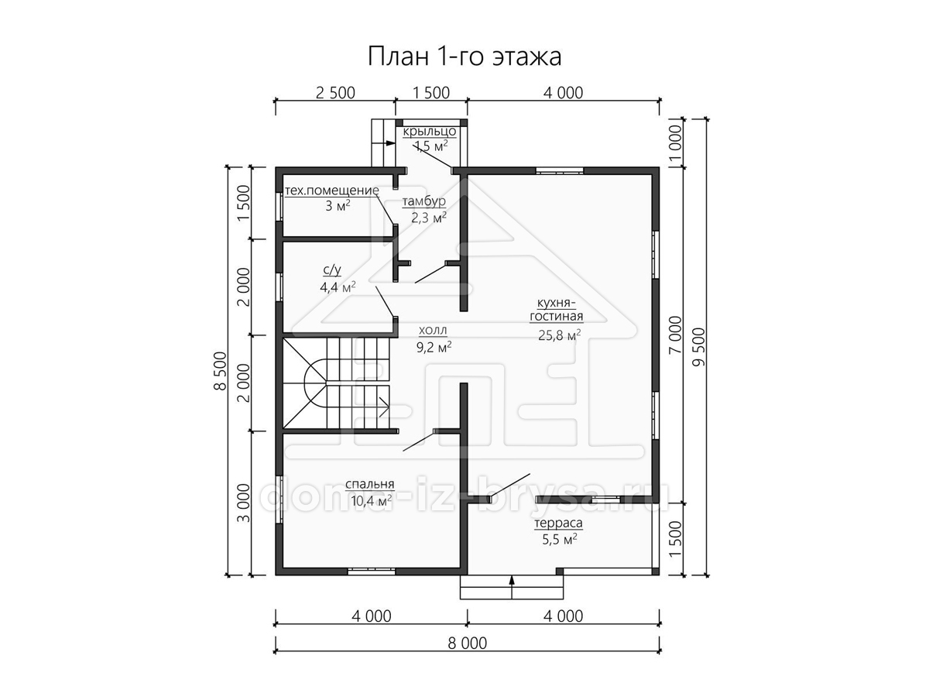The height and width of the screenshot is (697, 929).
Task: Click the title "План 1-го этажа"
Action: coord(464,57)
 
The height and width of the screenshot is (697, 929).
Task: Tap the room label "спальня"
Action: coord(369,484)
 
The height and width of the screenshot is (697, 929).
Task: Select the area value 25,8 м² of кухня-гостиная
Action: coord(559,335)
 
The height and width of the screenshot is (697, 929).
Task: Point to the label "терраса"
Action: coord(558,524)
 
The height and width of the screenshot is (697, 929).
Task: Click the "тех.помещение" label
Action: coord(332,191)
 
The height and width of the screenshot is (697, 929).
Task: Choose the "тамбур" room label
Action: coord(423,202)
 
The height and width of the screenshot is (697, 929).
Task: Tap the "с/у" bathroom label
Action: coord(332,270)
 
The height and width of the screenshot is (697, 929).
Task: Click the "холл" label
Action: coord(433,330)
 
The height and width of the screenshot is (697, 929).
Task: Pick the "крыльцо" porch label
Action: coord(429,132)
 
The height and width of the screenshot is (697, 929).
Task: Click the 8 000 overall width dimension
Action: coord(468,644)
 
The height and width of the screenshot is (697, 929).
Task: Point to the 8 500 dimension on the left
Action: coord(221,371)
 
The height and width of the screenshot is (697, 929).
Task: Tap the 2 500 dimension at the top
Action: coord(335,93)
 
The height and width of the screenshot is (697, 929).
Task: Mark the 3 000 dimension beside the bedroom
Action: coord(244,503)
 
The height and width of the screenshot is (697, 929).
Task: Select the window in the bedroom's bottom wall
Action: coord(371,572)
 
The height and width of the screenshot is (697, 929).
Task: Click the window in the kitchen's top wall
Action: coord(560,171)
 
